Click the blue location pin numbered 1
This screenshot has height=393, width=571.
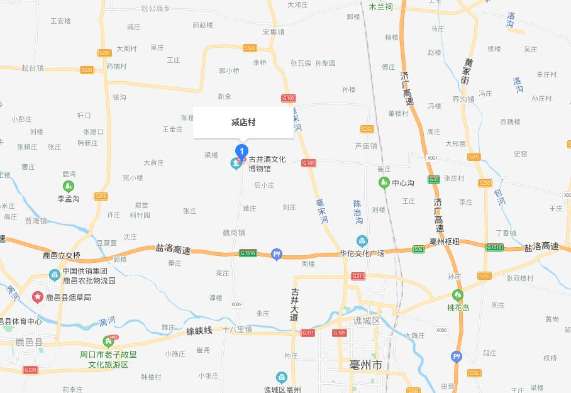pos(241,151)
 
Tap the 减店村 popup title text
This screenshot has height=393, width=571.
pos(243,122)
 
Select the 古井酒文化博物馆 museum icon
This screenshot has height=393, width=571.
pos(236,164)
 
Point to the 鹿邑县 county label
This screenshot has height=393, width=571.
pos(29,343)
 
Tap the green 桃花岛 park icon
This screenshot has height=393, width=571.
pos(457,294)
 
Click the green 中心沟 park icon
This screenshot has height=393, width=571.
pos(384,183)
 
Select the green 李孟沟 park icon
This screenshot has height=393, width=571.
pos(68,186)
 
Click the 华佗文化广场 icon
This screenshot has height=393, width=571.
pos(362,240)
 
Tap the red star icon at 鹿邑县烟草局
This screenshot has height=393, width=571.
pos(38,297)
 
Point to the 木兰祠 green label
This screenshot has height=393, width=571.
pos(381,8)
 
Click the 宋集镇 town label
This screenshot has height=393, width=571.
pos(274,31)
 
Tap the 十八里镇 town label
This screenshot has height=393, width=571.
pos(237,329)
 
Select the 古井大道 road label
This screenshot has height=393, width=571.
pos(294,305)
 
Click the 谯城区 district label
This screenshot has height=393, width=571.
pos(367,321)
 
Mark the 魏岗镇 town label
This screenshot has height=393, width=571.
pos(234,233)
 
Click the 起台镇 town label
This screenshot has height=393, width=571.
pos(32,68)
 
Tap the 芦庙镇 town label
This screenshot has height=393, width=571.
pos(365,146)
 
